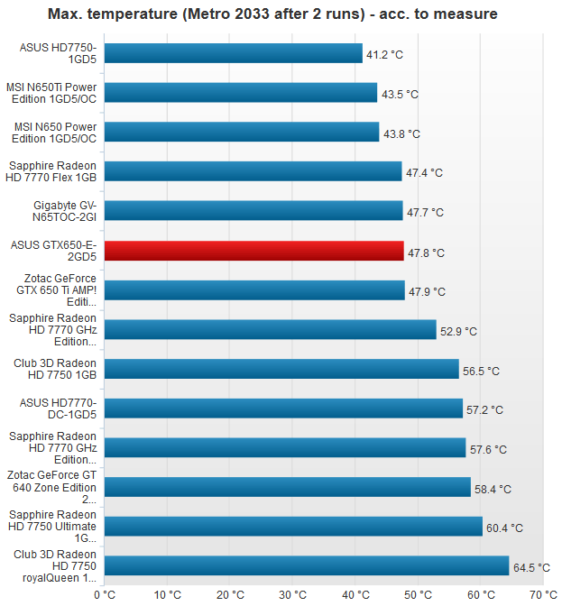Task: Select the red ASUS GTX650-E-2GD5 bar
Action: pyautogui.click(x=253, y=251)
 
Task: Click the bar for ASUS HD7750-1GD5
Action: pyautogui.click(x=233, y=54)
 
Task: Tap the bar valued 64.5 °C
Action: pyautogui.click(x=307, y=565)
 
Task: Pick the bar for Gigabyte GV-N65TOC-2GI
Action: pyautogui.click(x=253, y=211)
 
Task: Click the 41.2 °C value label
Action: pyautogui.click(x=384, y=55)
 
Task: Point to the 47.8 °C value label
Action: pyautogui.click(x=426, y=252)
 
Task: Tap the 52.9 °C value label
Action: pyautogui.click(x=458, y=331)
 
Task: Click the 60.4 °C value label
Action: pyautogui.click(x=504, y=528)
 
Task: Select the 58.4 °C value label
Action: pyautogui.click(x=493, y=489)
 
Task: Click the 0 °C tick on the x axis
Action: pyautogui.click(x=105, y=594)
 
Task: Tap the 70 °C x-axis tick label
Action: pyautogui.click(x=543, y=594)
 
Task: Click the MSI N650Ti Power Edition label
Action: pyautogui.click(x=51, y=93)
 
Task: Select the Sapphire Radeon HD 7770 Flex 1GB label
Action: pyautogui.click(x=52, y=171)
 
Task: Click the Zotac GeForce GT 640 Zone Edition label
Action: pyautogui.click(x=51, y=487)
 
